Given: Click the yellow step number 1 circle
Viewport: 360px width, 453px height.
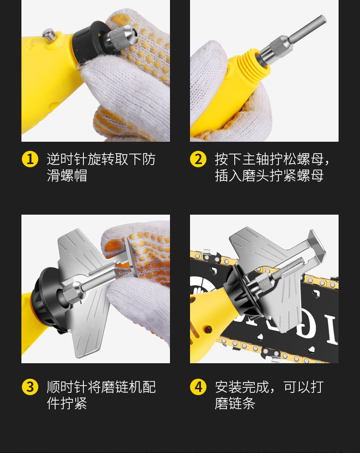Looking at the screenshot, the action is click(x=30, y=159).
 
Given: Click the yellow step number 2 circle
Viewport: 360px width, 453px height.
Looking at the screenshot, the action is click(x=198, y=159).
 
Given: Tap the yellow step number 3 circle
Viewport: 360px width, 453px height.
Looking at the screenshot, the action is click(x=30, y=387).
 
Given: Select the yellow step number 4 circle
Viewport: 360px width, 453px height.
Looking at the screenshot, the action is click(x=198, y=387).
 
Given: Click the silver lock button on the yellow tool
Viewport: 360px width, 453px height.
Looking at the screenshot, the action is click(x=49, y=35).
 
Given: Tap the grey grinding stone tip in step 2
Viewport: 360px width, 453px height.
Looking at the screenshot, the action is click(x=308, y=29).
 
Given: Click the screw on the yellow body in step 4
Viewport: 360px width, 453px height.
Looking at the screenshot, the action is click(x=208, y=329).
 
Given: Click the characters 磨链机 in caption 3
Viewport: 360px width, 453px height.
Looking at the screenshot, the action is click(x=121, y=387).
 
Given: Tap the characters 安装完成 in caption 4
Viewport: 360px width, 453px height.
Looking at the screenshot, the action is click(x=242, y=387).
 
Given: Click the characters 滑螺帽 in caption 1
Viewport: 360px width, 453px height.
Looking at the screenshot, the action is click(x=67, y=175).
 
